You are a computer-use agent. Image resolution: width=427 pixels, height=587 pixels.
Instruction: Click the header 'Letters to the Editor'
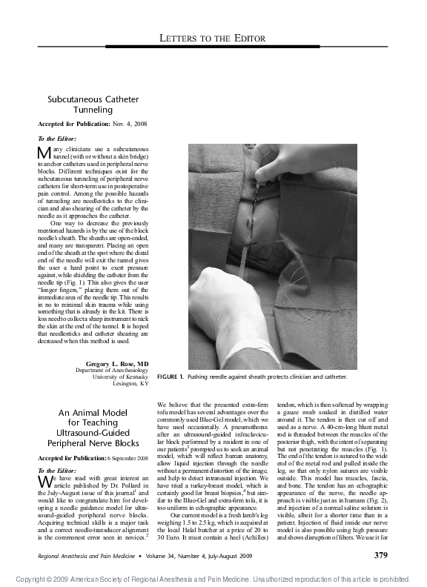(213, 38)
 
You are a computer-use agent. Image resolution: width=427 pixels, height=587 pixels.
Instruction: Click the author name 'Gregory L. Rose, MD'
(117, 365)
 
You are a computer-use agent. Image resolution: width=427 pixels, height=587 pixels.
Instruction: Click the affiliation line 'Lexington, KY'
(130, 385)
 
